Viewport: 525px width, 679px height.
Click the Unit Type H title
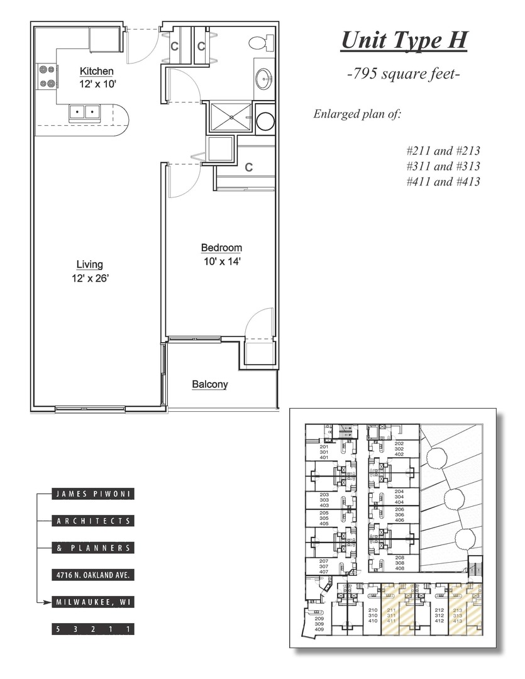pyautogui.click(x=404, y=41)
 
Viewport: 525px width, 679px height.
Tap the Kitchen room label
pyautogui.click(x=96, y=72)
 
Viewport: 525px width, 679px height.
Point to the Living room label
pyautogui.click(x=89, y=265)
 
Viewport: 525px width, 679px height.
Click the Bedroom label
pyautogui.click(x=221, y=248)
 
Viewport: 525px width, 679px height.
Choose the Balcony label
pyautogui.click(x=210, y=385)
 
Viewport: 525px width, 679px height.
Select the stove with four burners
pyautogui.click(x=47, y=76)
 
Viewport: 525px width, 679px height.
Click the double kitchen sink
pyautogui.click(x=84, y=113)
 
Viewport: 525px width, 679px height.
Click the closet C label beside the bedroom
pyautogui.click(x=249, y=167)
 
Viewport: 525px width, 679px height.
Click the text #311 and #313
pyautogui.click(x=443, y=166)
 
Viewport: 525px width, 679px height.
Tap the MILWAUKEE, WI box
pyautogui.click(x=93, y=602)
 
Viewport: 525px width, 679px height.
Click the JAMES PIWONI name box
pyautogui.click(x=93, y=494)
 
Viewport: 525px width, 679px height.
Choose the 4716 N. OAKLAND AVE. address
pyautogui.click(x=93, y=575)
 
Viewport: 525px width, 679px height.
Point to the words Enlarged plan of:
pyautogui.click(x=357, y=114)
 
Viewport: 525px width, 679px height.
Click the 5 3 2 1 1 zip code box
pyautogui.click(x=93, y=629)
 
